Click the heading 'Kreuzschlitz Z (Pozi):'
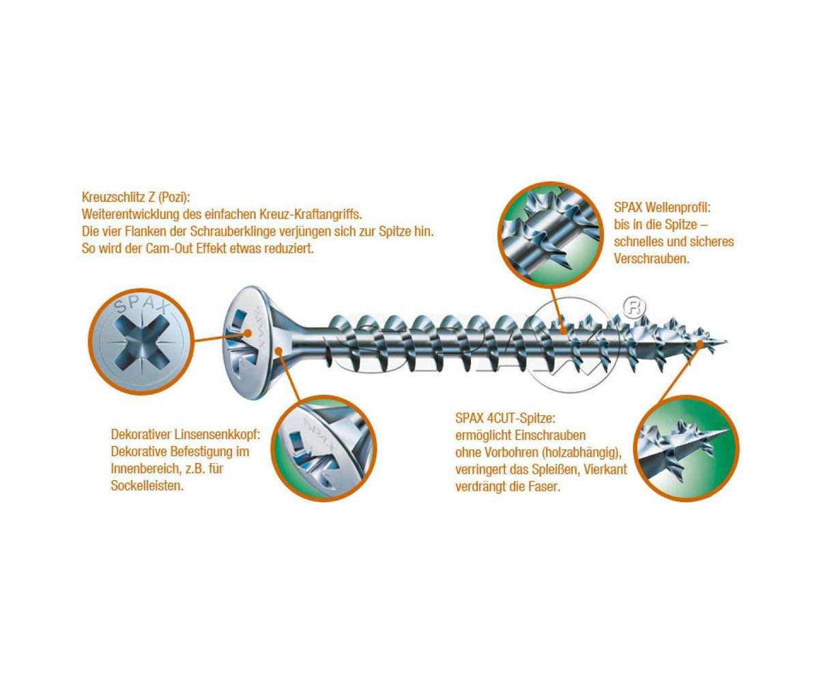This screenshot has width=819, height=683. (135, 197)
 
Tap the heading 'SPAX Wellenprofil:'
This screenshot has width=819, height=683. (662, 207)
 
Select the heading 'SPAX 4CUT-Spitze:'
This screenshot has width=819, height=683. (505, 419)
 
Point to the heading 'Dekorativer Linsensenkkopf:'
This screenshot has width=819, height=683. (186, 434)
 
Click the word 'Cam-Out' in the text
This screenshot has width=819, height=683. (170, 249)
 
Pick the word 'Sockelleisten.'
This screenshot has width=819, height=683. (147, 486)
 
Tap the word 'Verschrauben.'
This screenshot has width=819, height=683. (652, 259)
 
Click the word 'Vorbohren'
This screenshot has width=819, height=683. (511, 453)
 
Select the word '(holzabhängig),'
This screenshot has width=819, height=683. (581, 453)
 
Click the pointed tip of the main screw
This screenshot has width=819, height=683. (727, 341)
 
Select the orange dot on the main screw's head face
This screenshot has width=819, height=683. (248, 333)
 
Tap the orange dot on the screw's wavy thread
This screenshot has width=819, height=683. (563, 341)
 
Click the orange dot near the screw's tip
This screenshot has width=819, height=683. (700, 344)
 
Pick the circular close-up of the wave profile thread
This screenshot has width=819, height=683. (550, 234)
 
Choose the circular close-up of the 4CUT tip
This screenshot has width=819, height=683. (686, 449)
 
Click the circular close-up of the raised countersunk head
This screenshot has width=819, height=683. (324, 449)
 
